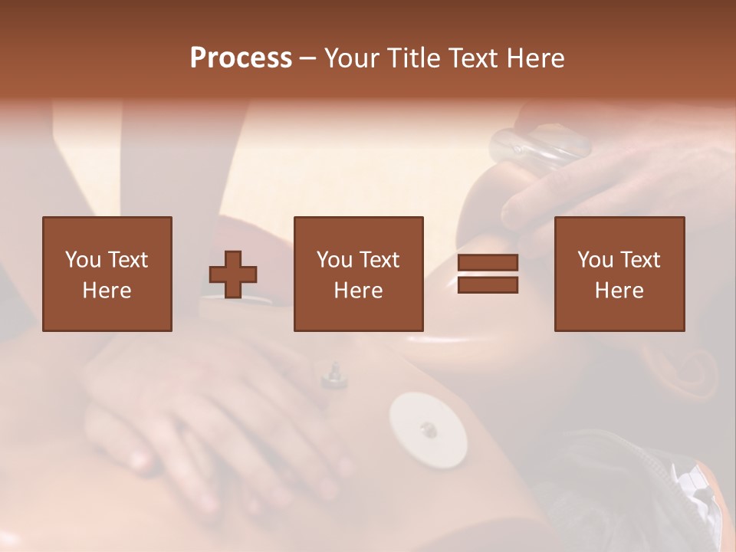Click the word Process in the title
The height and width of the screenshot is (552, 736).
click(241, 58)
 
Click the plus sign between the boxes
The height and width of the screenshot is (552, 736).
click(233, 274)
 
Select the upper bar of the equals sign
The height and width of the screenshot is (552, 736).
click(488, 263)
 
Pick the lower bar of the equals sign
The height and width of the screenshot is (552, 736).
click(488, 285)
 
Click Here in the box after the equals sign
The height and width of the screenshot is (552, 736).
click(619, 291)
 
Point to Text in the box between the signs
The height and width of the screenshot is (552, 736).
click(379, 260)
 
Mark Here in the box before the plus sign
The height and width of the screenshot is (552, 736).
click(107, 291)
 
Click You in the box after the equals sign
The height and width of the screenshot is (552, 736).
click(596, 260)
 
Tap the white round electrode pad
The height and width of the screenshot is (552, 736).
click(428, 430)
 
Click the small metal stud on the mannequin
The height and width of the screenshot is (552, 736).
click(333, 373)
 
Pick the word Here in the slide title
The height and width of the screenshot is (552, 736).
click(534, 58)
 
